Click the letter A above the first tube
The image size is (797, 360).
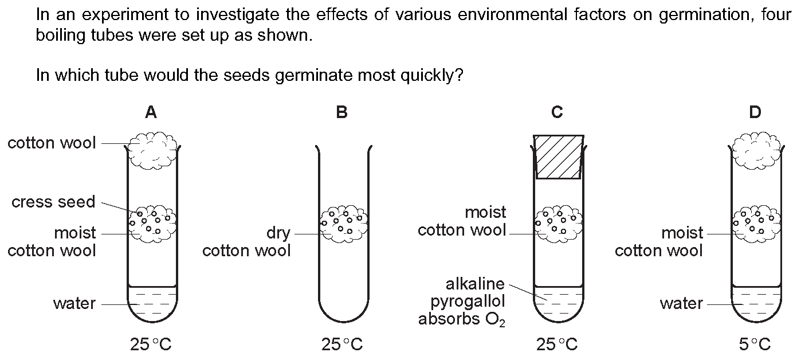point(151,112)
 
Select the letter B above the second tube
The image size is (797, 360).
point(341,112)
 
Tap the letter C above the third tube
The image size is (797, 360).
point(557,112)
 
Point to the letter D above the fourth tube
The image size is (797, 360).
point(755,112)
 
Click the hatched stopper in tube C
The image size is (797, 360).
point(559,156)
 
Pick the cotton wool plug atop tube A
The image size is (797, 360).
point(152,150)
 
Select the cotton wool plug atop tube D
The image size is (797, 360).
point(756,150)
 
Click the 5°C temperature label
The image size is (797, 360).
point(755,345)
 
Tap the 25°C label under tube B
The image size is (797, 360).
point(342,345)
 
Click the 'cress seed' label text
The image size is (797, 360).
point(53,202)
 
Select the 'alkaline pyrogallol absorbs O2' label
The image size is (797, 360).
point(462,302)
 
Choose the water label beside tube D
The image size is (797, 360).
point(681,304)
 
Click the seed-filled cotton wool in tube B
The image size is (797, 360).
point(344,224)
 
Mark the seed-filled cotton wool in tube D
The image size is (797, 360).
point(756,224)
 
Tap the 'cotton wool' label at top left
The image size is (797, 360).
point(52,143)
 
